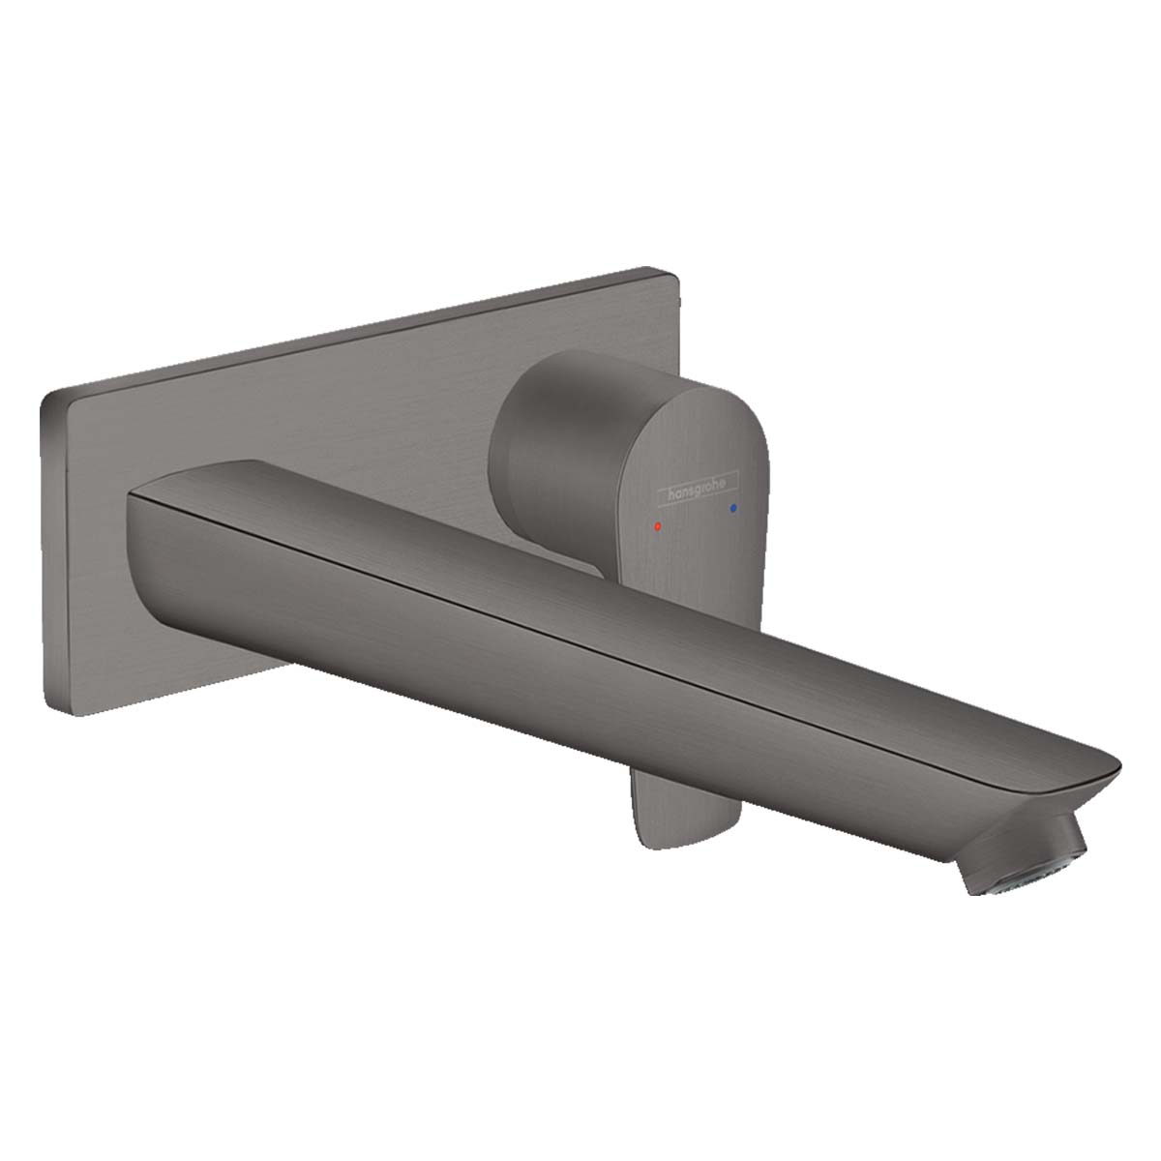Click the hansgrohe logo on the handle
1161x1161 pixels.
coord(698,490)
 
